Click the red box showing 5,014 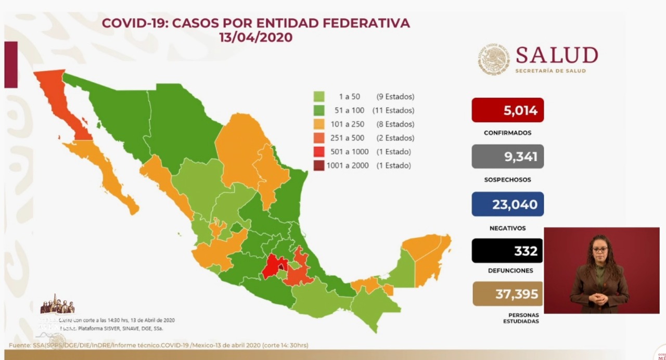(507, 110)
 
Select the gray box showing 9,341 (507, 157)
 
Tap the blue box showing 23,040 (507, 204)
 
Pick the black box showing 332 (507, 251)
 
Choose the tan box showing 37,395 (507, 294)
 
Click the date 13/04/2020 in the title (255, 37)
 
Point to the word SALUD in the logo (556, 55)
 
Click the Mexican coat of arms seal (494, 59)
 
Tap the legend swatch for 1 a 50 (319, 97)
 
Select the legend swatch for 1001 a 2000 (319, 165)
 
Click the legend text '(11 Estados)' (393, 110)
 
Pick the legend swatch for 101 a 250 (319, 124)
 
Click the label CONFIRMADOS (507, 133)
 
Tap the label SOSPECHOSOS (507, 180)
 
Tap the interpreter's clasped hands (598, 299)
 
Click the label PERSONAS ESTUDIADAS (521, 318)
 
